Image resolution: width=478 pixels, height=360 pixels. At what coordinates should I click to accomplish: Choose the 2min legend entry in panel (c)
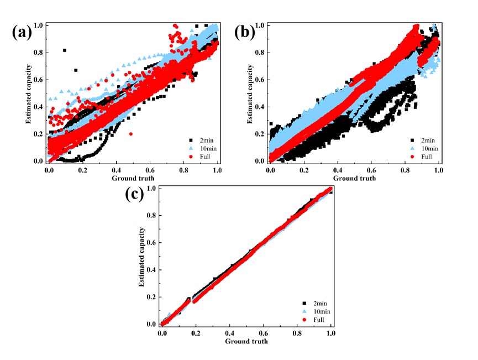tap(316, 303)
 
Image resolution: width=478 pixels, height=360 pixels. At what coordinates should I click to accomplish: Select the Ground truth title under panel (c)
tap(246, 341)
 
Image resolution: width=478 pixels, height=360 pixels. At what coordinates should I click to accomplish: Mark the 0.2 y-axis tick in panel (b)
tap(260, 134)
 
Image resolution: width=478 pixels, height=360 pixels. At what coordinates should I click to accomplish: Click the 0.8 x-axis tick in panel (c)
tap(297, 333)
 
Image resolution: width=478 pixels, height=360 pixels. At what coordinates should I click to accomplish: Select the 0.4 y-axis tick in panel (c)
tap(150, 270)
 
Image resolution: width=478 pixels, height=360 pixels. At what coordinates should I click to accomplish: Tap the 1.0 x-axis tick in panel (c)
tap(331, 333)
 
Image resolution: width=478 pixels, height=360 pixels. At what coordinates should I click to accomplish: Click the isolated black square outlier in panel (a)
tap(65, 50)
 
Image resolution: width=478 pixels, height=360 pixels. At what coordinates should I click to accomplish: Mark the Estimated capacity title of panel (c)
tap(140, 255)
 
